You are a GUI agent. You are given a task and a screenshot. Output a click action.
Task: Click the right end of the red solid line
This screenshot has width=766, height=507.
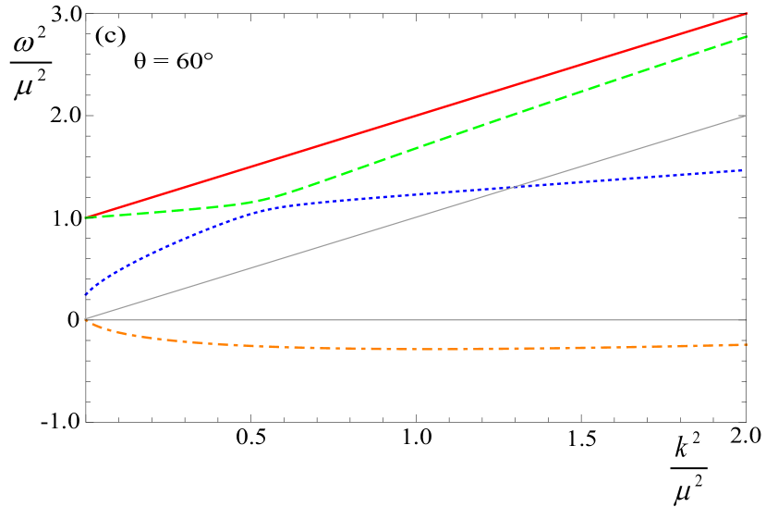coord(747,14)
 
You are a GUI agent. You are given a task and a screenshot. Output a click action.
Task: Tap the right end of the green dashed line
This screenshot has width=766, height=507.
coord(747,36)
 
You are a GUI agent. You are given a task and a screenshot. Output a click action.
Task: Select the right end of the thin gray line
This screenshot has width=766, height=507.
coord(747,116)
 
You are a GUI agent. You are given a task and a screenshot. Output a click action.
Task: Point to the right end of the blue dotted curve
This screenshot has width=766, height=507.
coord(745,170)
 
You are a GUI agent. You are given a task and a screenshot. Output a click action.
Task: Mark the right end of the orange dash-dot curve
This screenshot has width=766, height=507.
coord(747,344)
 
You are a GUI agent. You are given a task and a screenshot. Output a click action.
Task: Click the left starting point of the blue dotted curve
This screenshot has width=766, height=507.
coord(85,294)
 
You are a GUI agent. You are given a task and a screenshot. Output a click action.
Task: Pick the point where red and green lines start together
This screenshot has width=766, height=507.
coord(86,217)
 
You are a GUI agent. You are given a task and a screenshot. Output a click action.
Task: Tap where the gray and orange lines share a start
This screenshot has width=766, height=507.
coord(85,319)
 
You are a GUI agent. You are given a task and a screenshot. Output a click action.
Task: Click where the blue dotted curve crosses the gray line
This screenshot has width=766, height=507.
coord(511,188)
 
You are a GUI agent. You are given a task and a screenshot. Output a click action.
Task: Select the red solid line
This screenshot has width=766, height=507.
coord(416,116)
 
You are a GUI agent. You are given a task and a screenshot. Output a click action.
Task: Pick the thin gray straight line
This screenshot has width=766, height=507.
coord(277,261)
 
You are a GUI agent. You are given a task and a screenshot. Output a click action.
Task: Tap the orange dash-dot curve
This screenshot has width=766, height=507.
coord(416,349)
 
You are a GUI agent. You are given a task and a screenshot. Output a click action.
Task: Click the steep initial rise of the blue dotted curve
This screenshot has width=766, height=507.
coord(120,263)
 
